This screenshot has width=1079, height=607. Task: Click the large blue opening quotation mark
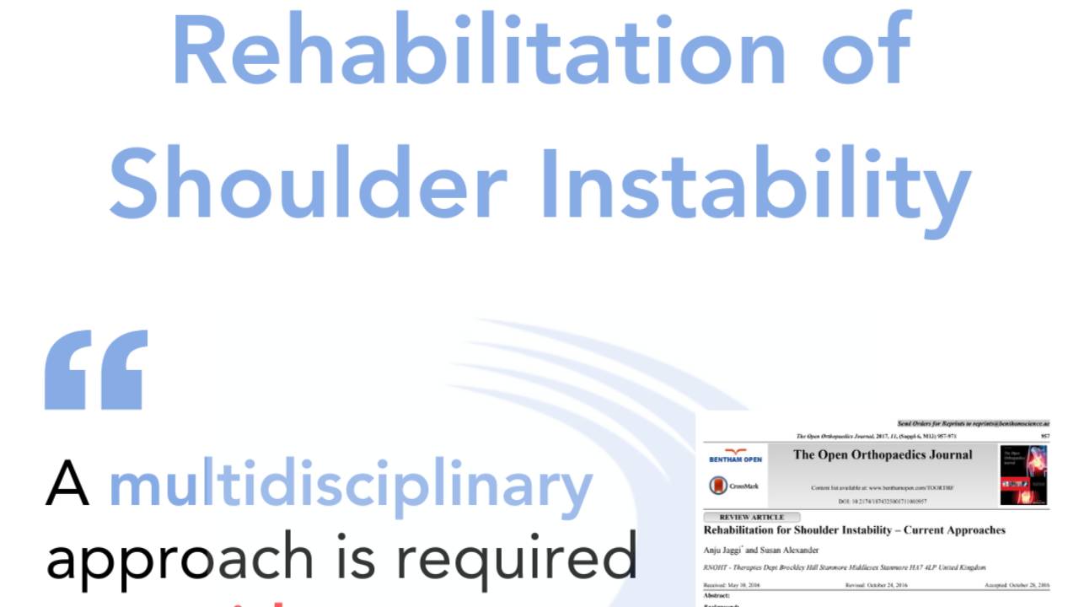pyautogui.click(x=96, y=369)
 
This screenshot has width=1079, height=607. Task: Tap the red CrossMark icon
pyautogui.click(x=719, y=486)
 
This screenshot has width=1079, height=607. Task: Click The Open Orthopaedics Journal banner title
pyautogui.click(x=882, y=455)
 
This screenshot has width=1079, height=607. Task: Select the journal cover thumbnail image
pyautogui.click(x=1023, y=475)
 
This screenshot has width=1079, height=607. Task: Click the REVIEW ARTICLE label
pyautogui.click(x=751, y=517)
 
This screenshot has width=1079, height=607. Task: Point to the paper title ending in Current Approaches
pyautogui.click(x=854, y=530)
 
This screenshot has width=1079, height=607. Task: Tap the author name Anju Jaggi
pyautogui.click(x=722, y=551)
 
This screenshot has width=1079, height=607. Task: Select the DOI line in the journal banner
pyautogui.click(x=882, y=502)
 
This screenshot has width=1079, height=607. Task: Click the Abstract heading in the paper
pyautogui.click(x=719, y=594)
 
